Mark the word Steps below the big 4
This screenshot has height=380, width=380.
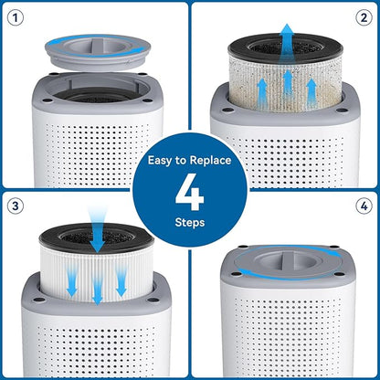pyautogui.click(x=190, y=222)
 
